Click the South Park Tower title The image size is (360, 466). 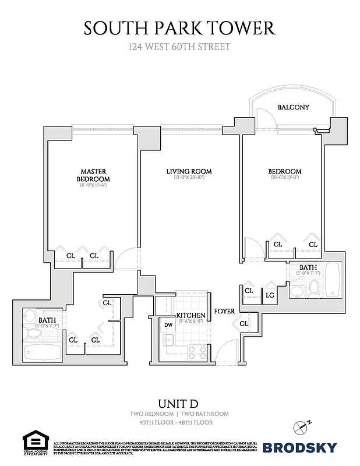[179, 27]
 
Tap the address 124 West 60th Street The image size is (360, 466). [179, 47]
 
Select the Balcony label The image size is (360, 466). [293, 107]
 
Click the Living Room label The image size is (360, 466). [189, 171]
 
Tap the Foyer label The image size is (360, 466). [224, 311]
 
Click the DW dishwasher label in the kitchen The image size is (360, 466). [168, 325]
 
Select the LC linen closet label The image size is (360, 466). [270, 295]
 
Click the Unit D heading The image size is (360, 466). [179, 403]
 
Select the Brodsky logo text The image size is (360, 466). [300, 447]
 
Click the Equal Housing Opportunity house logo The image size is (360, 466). [34, 441]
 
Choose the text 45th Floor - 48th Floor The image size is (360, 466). [179, 422]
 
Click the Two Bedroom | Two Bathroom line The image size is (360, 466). [179, 414]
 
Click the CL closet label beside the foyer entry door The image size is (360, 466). [243, 323]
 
